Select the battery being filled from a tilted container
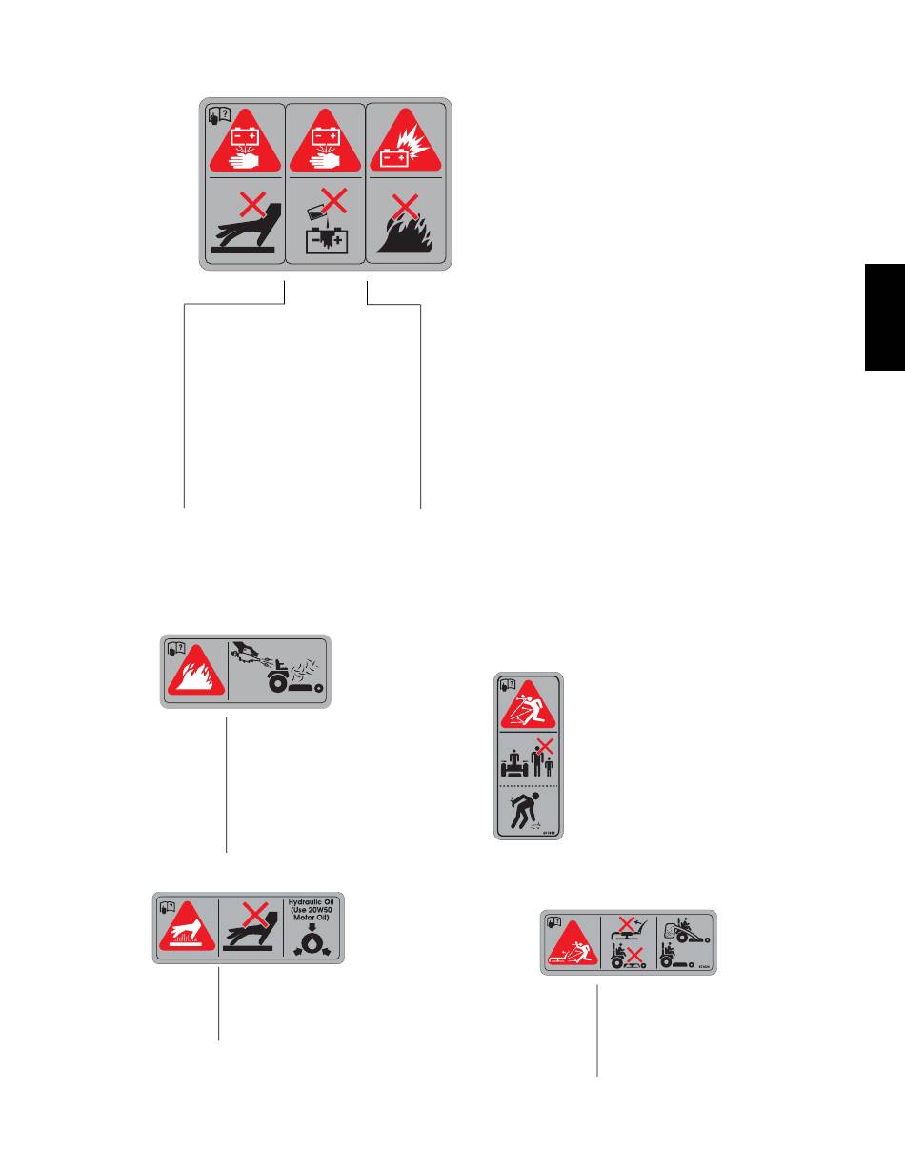[324, 229]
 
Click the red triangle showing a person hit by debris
[529, 705]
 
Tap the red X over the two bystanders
[546, 746]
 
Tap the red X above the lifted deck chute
[626, 922]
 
